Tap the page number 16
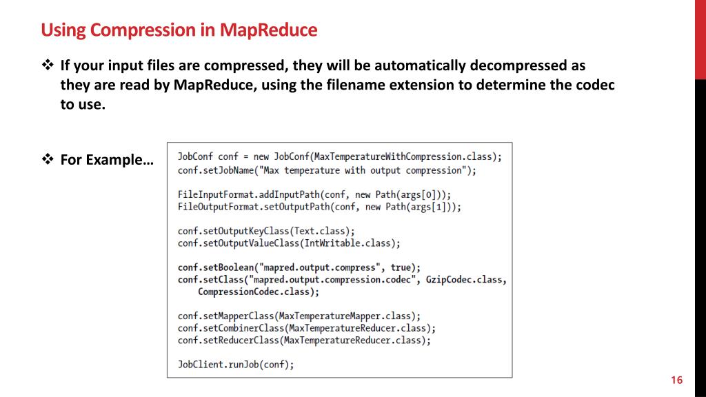(676, 380)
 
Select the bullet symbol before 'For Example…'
(48, 160)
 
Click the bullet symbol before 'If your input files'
(48, 66)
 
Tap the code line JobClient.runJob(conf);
(236, 365)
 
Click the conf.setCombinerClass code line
(307, 328)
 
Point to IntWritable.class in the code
(358, 243)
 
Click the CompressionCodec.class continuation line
(259, 292)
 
